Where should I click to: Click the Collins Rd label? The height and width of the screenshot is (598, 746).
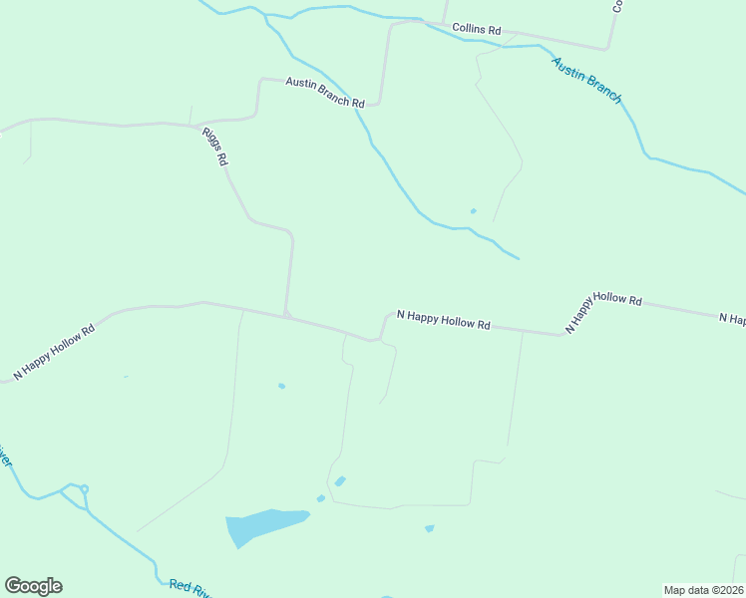pyautogui.click(x=477, y=29)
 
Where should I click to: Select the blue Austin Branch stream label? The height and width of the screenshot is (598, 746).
pyautogui.click(x=587, y=80)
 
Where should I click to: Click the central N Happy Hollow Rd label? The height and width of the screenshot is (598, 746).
pyautogui.click(x=444, y=320)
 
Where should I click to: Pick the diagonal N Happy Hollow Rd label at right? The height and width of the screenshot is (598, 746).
pyautogui.click(x=602, y=310)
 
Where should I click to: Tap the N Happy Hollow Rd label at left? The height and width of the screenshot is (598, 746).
pyautogui.click(x=55, y=351)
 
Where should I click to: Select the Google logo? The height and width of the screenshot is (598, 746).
pyautogui.click(x=33, y=586)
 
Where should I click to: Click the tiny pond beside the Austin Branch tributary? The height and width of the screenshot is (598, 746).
pyautogui.click(x=473, y=210)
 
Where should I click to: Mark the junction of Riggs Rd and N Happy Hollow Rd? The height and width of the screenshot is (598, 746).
pyautogui.click(x=286, y=316)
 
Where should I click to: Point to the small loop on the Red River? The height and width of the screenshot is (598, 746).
pyautogui.click(x=84, y=488)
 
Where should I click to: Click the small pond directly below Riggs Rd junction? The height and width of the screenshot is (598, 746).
pyautogui.click(x=281, y=386)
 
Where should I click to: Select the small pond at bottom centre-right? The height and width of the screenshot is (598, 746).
pyautogui.click(x=429, y=528)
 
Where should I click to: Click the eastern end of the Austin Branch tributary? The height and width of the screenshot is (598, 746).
pyautogui.click(x=518, y=258)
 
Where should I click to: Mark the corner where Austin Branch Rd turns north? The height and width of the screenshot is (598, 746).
pyautogui.click(x=379, y=102)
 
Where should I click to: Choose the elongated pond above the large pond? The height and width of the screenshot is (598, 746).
pyautogui.click(x=341, y=481)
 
